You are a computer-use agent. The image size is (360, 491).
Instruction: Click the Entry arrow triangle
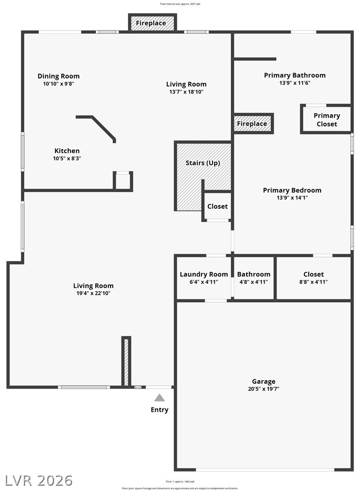(159, 398)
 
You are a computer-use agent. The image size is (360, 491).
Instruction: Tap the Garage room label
(264, 381)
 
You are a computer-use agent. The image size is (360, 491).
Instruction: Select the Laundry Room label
(204, 274)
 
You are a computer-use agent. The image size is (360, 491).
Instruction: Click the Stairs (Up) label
(203, 163)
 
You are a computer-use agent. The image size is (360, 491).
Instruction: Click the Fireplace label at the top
(151, 23)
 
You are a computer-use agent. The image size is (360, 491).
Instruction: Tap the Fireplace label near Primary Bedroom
(252, 124)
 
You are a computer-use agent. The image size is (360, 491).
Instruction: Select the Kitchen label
(67, 151)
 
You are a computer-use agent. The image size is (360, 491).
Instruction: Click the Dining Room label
(58, 76)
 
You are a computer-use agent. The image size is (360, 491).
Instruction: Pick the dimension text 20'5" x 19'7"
(264, 389)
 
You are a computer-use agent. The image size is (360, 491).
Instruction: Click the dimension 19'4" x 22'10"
(93, 293)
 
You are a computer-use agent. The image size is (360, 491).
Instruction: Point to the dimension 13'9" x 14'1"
(292, 198)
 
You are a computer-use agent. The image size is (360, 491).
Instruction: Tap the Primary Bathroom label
(295, 75)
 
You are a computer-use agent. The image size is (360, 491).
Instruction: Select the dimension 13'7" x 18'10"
(186, 92)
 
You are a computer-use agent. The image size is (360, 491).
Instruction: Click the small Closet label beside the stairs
(217, 206)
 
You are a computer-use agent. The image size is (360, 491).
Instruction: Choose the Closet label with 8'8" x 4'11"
(314, 274)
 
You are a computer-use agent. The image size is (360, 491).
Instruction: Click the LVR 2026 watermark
(37, 480)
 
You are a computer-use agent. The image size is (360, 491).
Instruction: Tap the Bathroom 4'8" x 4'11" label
(254, 274)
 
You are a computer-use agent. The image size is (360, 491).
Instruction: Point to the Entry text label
(159, 410)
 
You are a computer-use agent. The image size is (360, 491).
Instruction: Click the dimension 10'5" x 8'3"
(67, 158)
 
